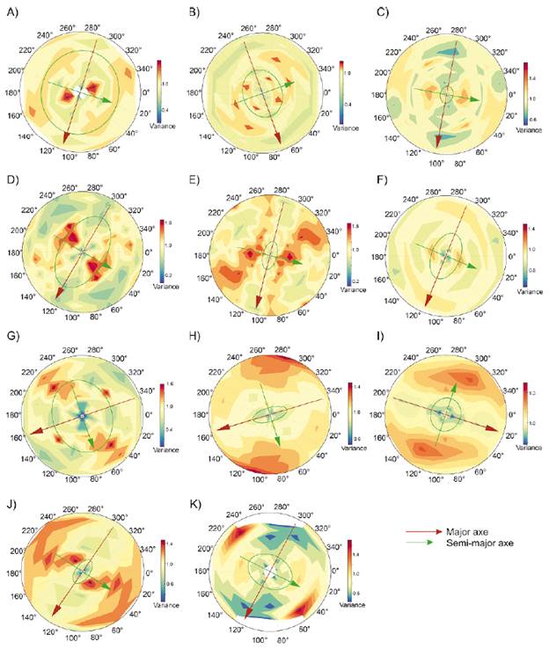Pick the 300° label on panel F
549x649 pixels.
(469, 201)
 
